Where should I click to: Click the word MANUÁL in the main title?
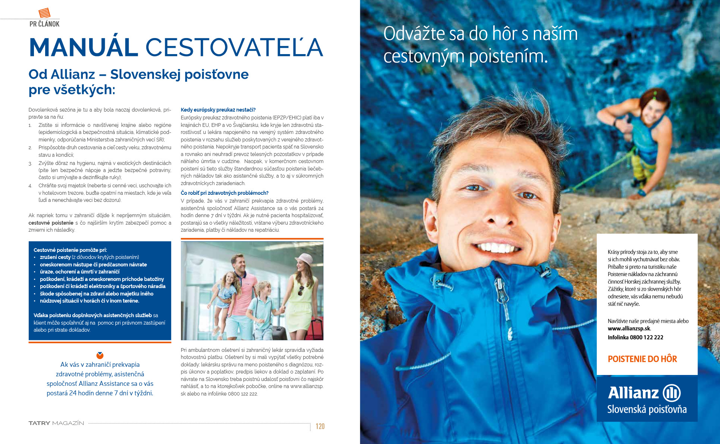click(84, 48)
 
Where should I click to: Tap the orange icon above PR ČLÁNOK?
click(44, 13)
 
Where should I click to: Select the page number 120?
click(320, 426)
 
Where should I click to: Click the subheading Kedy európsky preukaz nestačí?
click(218, 110)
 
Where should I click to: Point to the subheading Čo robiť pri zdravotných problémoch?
click(225, 193)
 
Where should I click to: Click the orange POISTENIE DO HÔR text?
click(642, 359)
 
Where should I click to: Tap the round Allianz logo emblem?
click(672, 393)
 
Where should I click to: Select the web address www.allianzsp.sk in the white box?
click(629, 329)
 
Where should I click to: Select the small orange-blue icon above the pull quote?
click(100, 355)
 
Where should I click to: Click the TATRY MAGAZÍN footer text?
click(56, 423)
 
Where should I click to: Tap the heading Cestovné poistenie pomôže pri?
click(70, 250)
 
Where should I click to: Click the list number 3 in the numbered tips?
click(30, 163)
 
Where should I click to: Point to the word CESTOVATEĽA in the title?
click(234, 48)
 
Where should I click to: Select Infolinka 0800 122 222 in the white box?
click(635, 337)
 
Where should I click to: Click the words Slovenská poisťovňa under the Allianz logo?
click(647, 409)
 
